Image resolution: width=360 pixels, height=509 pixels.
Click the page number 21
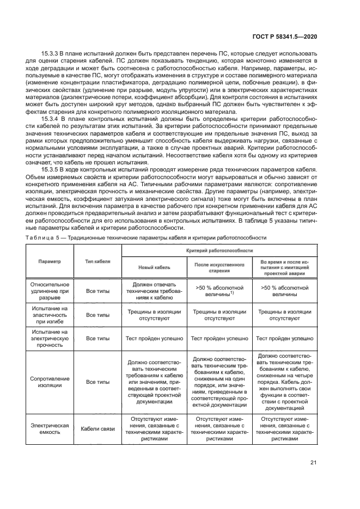[313, 463]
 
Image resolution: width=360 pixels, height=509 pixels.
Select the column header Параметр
[50, 261]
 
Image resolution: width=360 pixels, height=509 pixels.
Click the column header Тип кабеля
[97, 261]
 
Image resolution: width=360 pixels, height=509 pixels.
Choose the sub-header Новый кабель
[154, 268]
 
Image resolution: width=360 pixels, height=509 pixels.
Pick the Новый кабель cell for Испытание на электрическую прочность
[154, 338]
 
